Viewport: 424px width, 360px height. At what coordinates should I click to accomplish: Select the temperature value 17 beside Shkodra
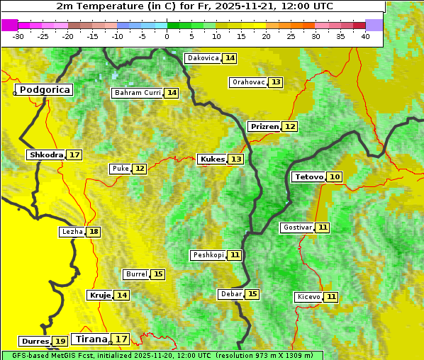click(x=74, y=154)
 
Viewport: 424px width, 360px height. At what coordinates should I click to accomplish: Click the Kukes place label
click(x=212, y=159)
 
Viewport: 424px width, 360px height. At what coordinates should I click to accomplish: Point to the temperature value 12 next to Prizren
click(x=290, y=127)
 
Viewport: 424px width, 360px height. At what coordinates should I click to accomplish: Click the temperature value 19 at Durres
click(x=60, y=342)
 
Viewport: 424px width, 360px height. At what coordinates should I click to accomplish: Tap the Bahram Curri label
click(x=138, y=93)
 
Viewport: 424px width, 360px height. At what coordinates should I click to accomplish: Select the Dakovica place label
click(x=202, y=58)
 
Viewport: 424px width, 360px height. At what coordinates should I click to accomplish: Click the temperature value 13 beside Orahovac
click(x=276, y=82)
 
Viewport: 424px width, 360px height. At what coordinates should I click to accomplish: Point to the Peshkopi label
click(x=208, y=255)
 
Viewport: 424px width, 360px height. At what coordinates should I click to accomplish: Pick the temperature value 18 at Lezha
click(x=94, y=232)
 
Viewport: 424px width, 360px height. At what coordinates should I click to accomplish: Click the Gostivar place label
click(x=296, y=227)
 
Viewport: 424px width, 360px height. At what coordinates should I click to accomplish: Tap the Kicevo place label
click(x=308, y=297)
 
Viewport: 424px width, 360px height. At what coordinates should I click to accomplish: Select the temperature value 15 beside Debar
click(x=252, y=294)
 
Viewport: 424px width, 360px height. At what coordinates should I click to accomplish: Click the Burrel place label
click(x=136, y=274)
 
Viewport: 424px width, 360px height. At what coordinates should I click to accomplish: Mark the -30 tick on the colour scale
click(x=18, y=36)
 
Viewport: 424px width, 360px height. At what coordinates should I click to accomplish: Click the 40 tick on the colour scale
click(x=365, y=36)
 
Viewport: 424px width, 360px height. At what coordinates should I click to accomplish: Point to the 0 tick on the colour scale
click(x=167, y=36)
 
